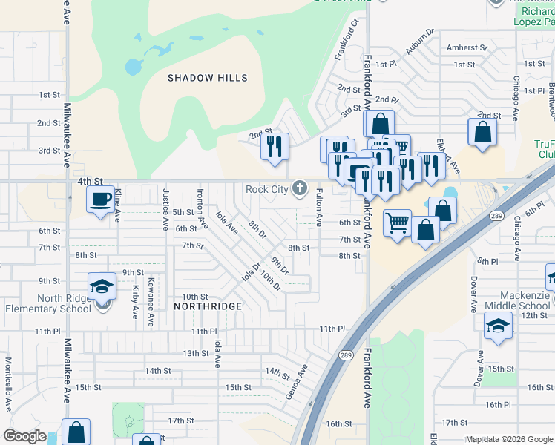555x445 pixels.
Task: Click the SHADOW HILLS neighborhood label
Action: point(207,78)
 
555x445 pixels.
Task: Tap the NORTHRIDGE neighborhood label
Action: point(208,306)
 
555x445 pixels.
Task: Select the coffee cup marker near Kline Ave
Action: point(99,199)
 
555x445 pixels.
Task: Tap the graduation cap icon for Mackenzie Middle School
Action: point(497,325)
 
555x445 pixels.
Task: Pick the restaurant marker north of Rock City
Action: point(275,146)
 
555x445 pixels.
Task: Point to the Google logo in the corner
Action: point(24,435)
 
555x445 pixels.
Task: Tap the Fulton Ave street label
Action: point(319,207)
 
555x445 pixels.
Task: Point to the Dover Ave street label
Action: point(473,294)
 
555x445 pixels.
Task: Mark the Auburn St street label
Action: point(419,45)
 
